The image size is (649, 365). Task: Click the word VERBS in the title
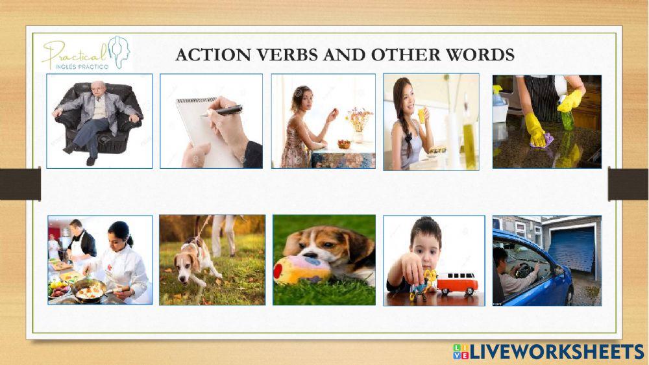tap(286, 55)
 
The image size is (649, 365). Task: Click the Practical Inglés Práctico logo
tap(86, 54)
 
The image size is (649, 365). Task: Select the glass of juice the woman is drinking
tap(422, 116)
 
